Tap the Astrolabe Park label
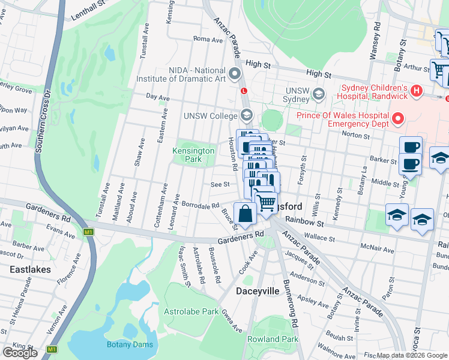click(x=191, y=311)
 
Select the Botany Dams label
click(x=130, y=344)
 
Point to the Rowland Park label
click(x=274, y=339)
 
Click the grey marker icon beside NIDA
click(x=235, y=74)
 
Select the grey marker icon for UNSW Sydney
click(x=318, y=94)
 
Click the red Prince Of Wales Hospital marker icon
click(x=397, y=119)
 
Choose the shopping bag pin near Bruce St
click(x=245, y=214)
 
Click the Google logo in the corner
click(x=20, y=353)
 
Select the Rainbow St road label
click(x=310, y=223)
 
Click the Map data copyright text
click(x=412, y=355)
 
